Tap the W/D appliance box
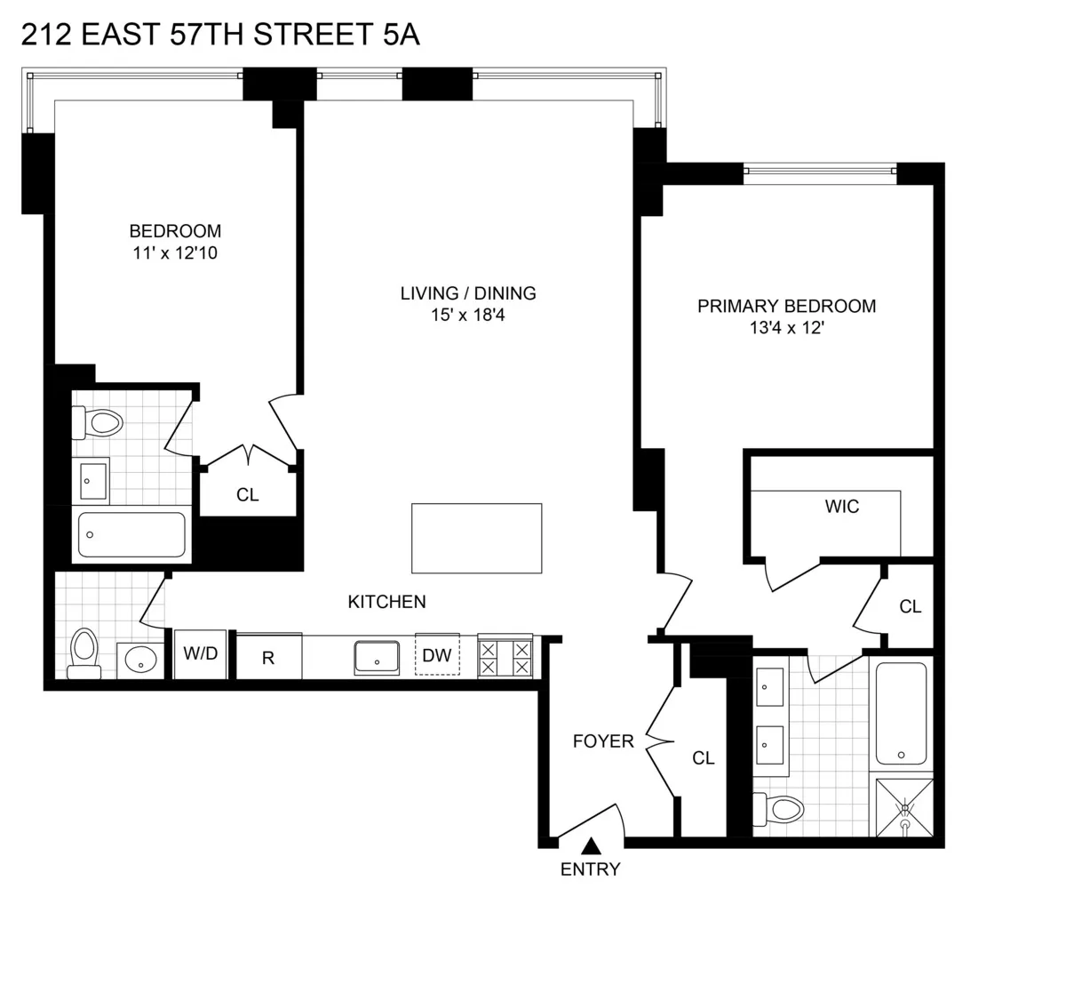tap(200, 654)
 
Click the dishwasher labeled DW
tap(436, 656)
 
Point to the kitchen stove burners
tap(505, 657)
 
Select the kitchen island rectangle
tap(476, 538)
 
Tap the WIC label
tap(841, 507)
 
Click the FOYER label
tap(603, 741)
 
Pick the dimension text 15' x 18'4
tap(465, 315)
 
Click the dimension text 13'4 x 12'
tap(786, 328)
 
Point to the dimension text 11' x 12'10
tap(175, 253)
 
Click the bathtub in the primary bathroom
tap(901, 713)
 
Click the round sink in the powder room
tap(139, 660)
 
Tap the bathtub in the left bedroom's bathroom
tap(131, 534)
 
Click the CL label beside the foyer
tap(704, 757)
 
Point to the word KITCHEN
tap(386, 602)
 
